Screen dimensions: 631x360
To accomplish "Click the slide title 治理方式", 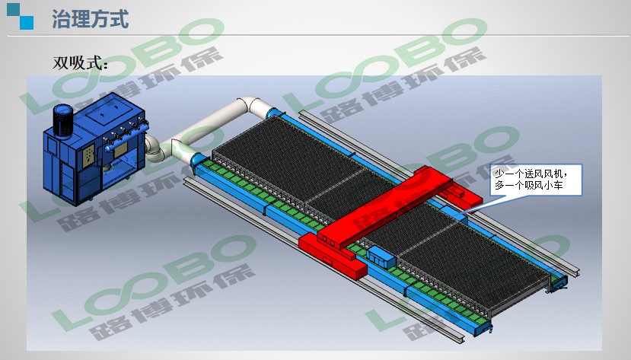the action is click(x=90, y=19).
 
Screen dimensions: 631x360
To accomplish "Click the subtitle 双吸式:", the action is click(x=80, y=62).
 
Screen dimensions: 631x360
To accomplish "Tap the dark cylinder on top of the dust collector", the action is click(x=63, y=120).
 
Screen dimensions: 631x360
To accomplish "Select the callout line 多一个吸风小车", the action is click(x=529, y=186).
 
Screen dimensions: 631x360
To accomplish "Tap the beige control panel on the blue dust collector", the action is click(x=89, y=156).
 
